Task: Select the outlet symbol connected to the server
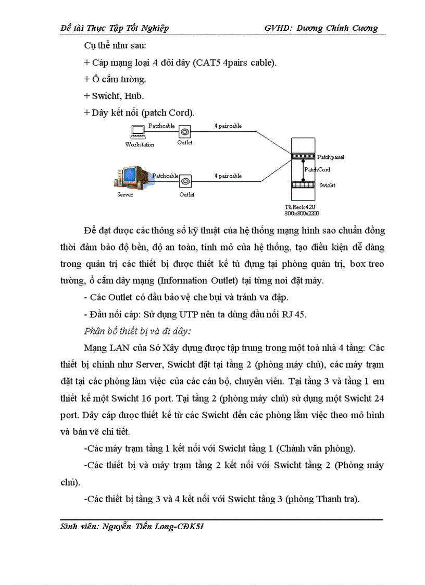click(x=185, y=181)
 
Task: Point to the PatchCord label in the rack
click(x=317, y=169)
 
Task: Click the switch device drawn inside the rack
click(x=303, y=185)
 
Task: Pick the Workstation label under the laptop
click(x=140, y=145)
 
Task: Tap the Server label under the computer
click(x=125, y=195)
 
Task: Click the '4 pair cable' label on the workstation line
click(x=228, y=126)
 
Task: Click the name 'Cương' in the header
click(x=362, y=28)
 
